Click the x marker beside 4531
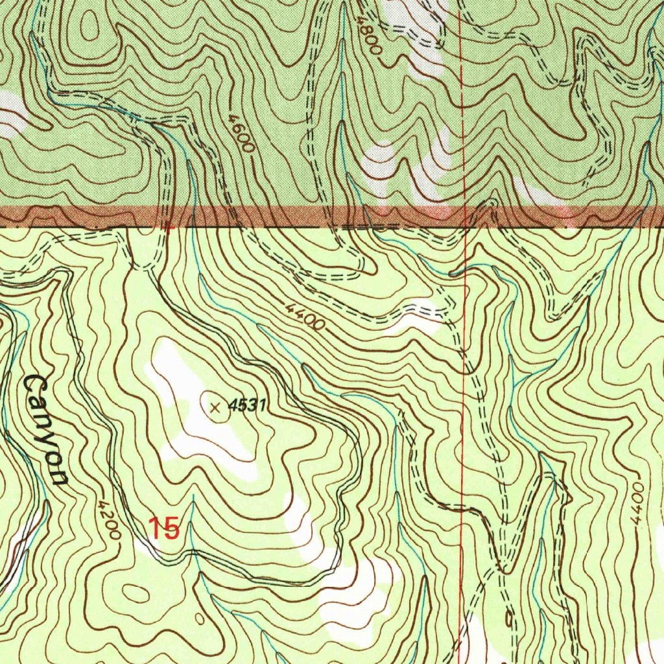tap(216, 407)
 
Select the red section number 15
tap(163, 528)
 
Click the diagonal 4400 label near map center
tap(304, 314)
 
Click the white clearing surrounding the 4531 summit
tap(195, 421)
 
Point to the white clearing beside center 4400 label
tap(415, 318)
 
